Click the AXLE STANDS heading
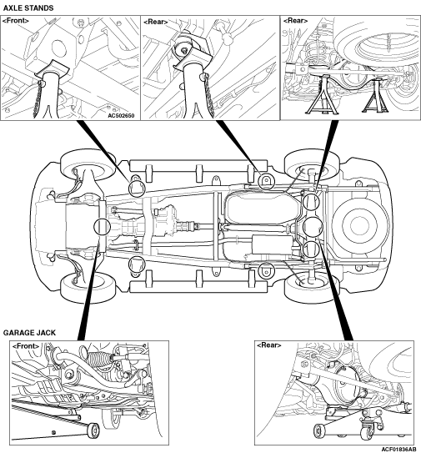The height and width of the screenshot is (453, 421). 28,8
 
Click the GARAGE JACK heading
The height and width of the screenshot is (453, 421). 29,333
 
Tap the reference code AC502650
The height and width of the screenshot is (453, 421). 121,116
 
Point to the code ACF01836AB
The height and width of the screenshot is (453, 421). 399,450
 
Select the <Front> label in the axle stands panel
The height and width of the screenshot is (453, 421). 16,21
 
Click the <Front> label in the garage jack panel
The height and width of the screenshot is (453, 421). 26,346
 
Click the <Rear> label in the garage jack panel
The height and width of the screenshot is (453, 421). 268,345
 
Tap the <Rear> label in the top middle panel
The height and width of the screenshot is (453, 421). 156,22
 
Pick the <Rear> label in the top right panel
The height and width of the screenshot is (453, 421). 295,21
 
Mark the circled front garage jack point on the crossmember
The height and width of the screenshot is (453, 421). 102,226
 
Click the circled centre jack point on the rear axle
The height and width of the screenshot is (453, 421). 313,225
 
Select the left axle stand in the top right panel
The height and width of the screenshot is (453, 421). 321,94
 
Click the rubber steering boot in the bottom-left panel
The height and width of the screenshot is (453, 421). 100,358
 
